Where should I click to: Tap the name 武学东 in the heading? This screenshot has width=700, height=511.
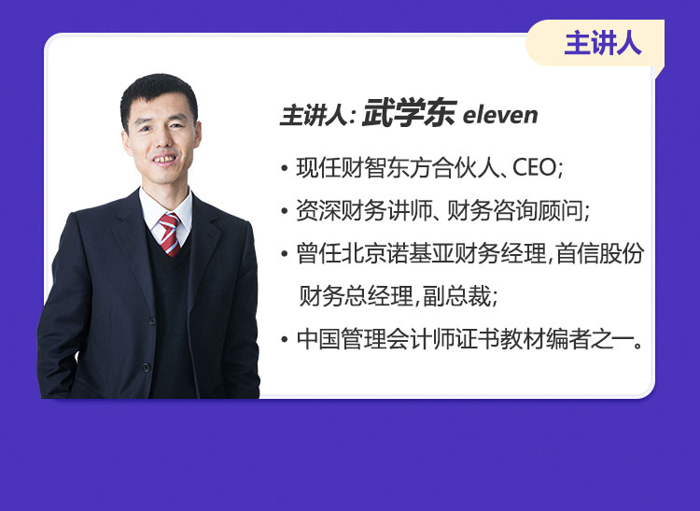tap(410, 113)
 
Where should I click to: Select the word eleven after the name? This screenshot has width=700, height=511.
tap(500, 115)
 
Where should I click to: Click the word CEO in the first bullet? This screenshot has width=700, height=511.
tap(535, 168)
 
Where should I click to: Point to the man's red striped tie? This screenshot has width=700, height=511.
tap(169, 234)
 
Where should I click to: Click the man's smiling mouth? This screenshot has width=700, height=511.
tap(164, 160)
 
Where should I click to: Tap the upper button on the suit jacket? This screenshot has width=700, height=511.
tap(153, 321)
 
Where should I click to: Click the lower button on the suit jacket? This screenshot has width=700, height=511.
tap(146, 367)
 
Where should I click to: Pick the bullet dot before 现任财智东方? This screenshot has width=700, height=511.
tap(285, 169)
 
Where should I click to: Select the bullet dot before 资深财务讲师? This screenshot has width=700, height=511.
tap(285, 211)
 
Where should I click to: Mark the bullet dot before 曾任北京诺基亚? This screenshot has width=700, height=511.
tap(285, 254)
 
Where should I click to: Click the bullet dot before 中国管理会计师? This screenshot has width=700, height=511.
tap(285, 339)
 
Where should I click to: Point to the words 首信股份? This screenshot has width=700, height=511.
tap(599, 253)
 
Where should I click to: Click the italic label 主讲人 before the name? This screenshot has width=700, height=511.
tap(314, 115)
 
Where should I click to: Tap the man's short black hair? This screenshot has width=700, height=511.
tap(158, 92)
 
